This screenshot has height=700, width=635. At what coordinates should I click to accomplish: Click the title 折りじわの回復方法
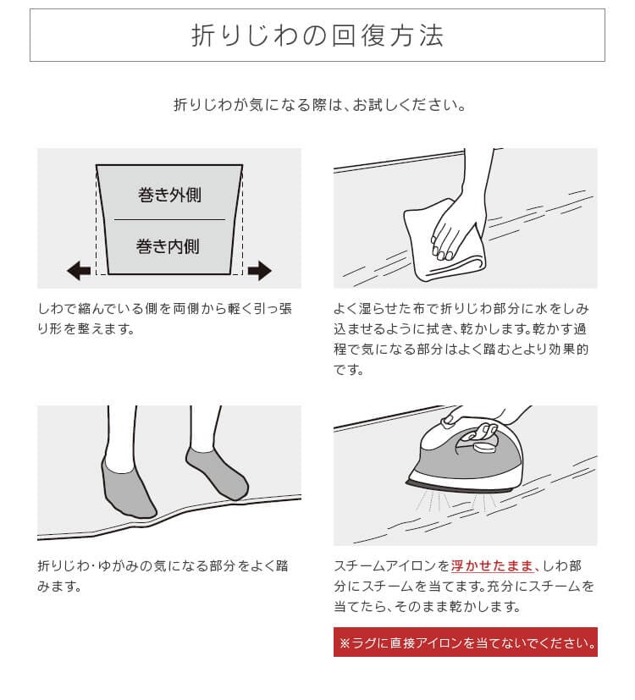tap(317, 36)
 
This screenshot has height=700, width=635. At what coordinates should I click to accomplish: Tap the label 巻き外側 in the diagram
tap(169, 195)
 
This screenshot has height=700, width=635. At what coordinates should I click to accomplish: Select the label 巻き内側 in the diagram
tap(168, 246)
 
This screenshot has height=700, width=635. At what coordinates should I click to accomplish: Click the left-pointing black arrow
tap(79, 271)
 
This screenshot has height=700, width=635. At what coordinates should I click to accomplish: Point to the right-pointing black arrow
tap(259, 271)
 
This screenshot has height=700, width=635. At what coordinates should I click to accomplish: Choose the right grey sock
tap(218, 472)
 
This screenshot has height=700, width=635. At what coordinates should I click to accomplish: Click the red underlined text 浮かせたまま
tap(492, 566)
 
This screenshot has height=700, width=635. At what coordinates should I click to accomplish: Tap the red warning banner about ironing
tap(466, 642)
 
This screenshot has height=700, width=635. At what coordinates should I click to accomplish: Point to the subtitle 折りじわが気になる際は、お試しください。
tap(320, 105)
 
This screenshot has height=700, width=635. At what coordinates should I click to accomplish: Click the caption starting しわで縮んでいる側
tap(165, 319)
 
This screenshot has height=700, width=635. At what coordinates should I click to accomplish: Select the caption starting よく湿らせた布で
tap(461, 339)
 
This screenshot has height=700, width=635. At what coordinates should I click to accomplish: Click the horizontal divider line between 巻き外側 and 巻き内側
tap(169, 219)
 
